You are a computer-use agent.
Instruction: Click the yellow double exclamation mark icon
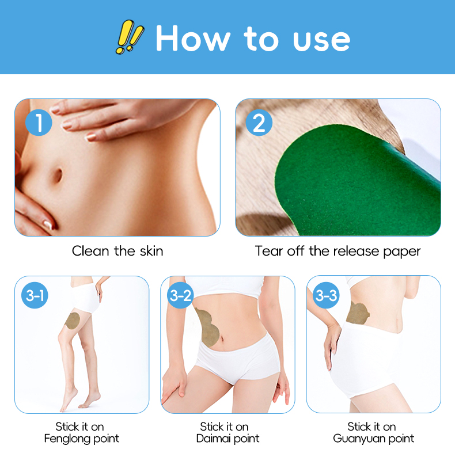click(x=130, y=37)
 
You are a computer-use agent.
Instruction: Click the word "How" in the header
click(x=193, y=39)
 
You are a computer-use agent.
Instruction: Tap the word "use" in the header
click(x=321, y=41)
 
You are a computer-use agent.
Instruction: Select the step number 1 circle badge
click(x=39, y=123)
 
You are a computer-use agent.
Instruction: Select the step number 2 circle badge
click(x=259, y=123)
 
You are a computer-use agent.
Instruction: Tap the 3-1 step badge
click(x=35, y=295)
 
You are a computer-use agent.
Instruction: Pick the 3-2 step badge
click(x=180, y=295)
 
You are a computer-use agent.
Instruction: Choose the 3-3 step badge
click(x=326, y=295)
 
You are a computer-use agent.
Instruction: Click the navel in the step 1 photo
click(x=58, y=175)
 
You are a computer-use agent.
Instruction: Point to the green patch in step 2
click(x=357, y=185)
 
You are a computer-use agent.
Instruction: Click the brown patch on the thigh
click(x=73, y=321)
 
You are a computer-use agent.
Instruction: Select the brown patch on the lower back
click(x=358, y=313)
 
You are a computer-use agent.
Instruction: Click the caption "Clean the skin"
click(x=117, y=251)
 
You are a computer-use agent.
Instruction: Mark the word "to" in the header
click(x=261, y=39)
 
